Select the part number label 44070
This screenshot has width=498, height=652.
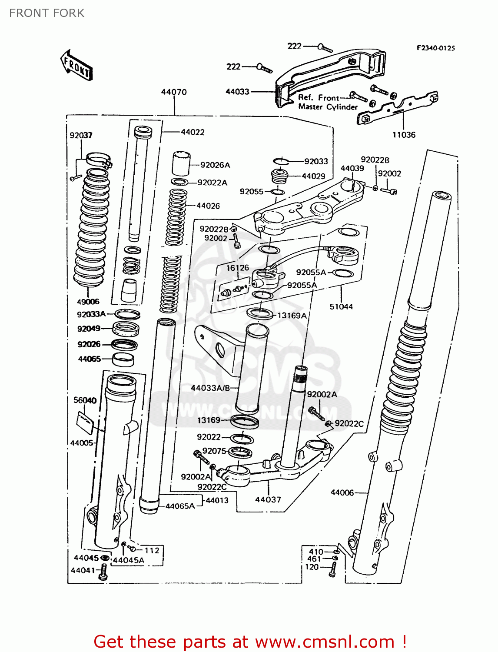pos(174,92)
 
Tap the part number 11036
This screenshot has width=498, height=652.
pos(404,135)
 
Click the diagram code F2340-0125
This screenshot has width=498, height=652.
pos(435,48)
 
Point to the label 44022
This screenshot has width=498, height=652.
pos(193,132)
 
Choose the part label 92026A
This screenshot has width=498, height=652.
pos(215,165)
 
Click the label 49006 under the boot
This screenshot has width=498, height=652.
pos(88,302)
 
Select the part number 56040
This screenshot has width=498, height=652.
pos(85,400)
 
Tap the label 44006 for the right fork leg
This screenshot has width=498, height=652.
pos(342,492)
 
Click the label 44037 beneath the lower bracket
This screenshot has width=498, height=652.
pos(268,499)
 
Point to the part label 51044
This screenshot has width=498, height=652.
pos(341,306)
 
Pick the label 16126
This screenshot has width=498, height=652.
pos(238,268)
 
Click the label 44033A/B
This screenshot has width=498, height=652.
pos(210,388)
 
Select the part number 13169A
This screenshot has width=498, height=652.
pos(292,316)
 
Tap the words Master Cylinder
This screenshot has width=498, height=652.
pos(328,107)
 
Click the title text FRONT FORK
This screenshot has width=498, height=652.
pos(47,13)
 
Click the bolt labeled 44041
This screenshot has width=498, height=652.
pos(103,572)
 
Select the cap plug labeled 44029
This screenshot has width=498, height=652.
pos(280,176)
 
